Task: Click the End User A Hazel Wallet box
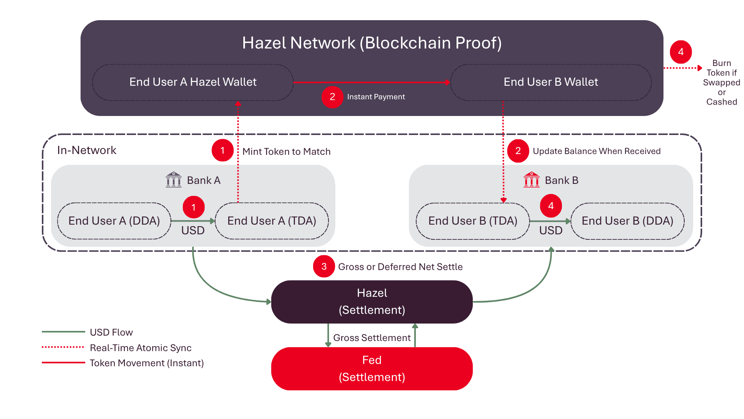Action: pos(193,82)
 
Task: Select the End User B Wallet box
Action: pos(551,82)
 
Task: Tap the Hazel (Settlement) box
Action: pos(372,302)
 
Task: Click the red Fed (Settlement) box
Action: pos(372,369)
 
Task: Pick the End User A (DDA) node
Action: pos(114,221)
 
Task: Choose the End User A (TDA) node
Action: pos(272,221)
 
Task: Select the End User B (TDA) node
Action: pos(473,221)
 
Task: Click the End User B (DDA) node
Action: pos(627,221)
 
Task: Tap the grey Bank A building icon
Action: pos(174,180)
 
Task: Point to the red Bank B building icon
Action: pos(532,180)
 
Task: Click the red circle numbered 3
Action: pos(324,267)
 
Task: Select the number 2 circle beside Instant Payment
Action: pos(332,97)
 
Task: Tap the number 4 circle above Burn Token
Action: pos(681,52)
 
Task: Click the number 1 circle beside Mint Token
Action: pos(222,151)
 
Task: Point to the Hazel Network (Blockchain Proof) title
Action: pos(372,43)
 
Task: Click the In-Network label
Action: pos(87,150)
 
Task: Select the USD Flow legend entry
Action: pos(88,332)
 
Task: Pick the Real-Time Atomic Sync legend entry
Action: pos(117,348)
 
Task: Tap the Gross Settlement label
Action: pos(372,338)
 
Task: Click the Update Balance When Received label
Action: pos(597,151)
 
